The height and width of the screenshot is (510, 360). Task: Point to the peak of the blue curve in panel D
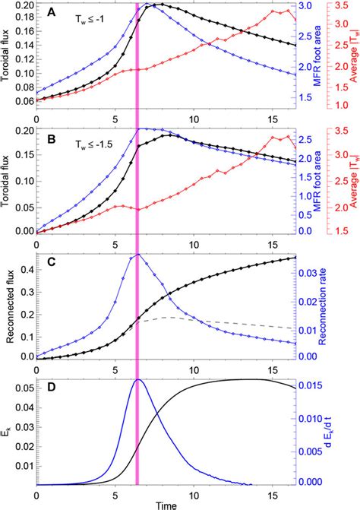click(x=137, y=379)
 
